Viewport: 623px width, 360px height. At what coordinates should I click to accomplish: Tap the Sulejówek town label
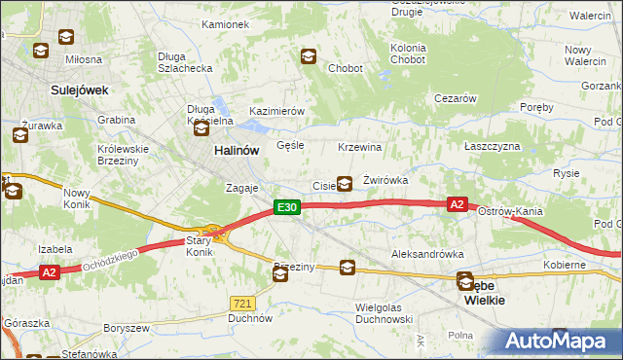(x=79, y=90)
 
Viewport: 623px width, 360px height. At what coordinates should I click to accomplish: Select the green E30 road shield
(x=285, y=207)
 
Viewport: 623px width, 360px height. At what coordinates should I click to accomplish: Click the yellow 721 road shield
(x=243, y=303)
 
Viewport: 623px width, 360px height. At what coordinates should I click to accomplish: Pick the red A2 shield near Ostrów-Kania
(x=458, y=204)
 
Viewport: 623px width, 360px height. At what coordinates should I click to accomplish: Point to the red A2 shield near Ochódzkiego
(x=51, y=273)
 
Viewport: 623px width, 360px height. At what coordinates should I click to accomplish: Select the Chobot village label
(x=346, y=69)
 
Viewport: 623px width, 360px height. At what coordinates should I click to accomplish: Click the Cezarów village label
(x=455, y=98)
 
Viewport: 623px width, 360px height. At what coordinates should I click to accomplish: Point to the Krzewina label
(x=359, y=147)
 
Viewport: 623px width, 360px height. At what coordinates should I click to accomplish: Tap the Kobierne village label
(x=565, y=265)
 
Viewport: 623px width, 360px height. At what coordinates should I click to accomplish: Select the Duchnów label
(x=249, y=317)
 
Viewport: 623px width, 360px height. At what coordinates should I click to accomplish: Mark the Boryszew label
(x=127, y=328)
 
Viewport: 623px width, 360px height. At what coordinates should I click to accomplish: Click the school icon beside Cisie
(x=345, y=183)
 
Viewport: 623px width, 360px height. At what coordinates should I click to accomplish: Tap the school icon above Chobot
(x=308, y=56)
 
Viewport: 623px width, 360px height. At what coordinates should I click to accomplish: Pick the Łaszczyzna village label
(x=493, y=146)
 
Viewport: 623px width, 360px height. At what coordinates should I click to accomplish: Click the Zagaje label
(x=241, y=188)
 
